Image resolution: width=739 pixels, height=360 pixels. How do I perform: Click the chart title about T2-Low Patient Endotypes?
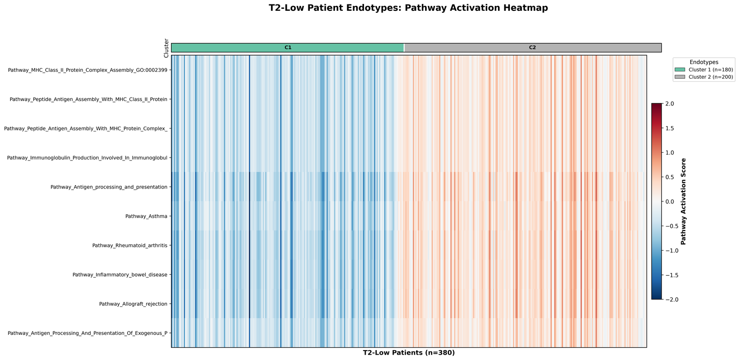pos(408,8)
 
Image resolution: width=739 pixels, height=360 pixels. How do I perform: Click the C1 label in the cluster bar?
pos(288,48)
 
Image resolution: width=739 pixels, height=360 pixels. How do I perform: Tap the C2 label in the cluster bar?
pos(532,48)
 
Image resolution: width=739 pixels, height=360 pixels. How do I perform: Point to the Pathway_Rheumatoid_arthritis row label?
pos(130,245)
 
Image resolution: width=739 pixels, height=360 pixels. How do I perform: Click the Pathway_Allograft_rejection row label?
pos(133,304)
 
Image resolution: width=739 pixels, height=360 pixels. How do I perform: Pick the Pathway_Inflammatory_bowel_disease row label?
pos(120,274)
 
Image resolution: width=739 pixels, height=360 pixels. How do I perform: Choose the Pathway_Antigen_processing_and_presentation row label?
pos(109,187)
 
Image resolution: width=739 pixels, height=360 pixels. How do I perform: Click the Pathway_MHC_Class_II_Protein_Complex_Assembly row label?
pos(88,70)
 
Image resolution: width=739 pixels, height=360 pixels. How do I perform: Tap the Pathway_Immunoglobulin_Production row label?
pos(87,158)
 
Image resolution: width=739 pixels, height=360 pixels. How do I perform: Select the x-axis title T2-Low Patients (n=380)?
pos(408,353)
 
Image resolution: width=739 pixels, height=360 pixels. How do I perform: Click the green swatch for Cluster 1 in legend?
pos(680,70)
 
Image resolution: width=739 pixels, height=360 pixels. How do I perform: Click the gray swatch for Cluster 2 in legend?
pos(680,77)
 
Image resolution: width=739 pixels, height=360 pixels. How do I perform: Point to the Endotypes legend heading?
pos(704,62)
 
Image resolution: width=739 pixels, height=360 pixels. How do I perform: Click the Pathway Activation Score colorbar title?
pos(683,201)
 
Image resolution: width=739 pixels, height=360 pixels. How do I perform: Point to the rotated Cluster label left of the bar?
pos(167,48)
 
